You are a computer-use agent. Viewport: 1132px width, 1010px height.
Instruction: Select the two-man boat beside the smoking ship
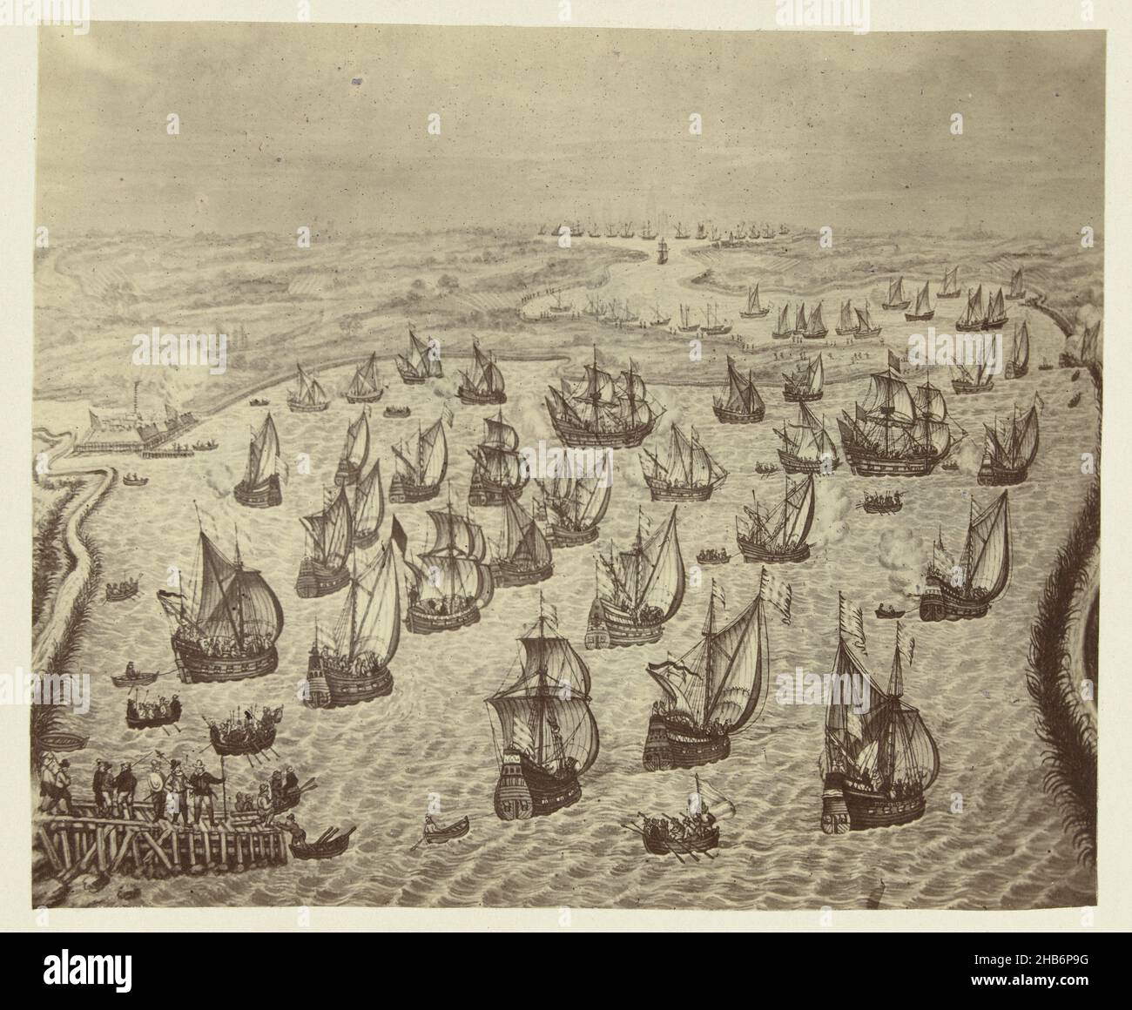coord(890,610)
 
